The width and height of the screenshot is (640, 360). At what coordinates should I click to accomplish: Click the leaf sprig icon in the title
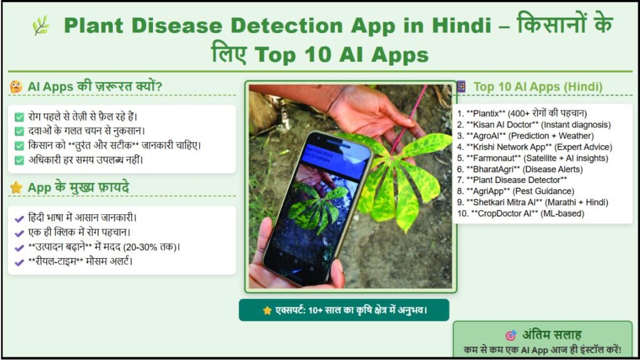click(41, 26)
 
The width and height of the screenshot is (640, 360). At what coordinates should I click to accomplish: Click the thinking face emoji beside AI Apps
click(16, 87)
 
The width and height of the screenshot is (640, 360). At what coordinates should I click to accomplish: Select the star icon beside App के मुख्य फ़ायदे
click(16, 187)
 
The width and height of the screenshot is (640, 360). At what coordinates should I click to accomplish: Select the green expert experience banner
click(344, 310)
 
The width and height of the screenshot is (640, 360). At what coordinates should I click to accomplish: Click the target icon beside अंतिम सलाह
click(511, 335)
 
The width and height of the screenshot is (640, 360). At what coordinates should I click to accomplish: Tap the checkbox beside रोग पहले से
click(19, 116)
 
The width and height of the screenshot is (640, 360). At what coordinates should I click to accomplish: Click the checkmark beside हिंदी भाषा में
click(19, 218)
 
